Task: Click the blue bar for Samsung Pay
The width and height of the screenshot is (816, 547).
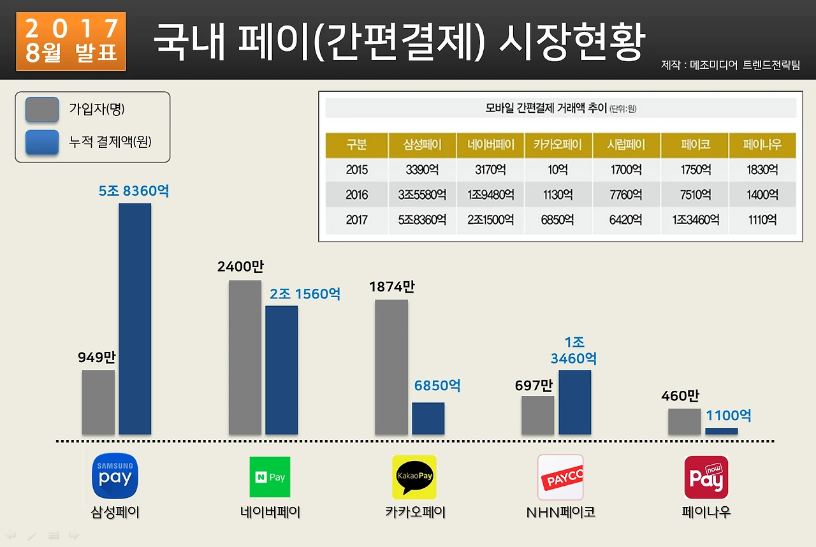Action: click(x=135, y=319)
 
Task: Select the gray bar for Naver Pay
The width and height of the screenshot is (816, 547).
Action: click(x=245, y=357)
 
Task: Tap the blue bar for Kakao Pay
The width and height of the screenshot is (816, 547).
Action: click(x=428, y=418)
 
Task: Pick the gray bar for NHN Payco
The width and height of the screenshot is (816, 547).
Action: click(x=537, y=415)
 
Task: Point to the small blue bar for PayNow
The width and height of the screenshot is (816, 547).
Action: click(x=721, y=431)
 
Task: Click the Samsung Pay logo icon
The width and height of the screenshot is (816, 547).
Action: click(x=115, y=476)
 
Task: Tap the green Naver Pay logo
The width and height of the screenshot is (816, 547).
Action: click(x=270, y=477)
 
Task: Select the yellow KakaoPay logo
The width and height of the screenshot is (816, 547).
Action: click(x=414, y=477)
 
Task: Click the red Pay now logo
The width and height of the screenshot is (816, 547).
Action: click(x=706, y=477)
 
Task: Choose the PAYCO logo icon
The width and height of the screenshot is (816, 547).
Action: click(x=560, y=477)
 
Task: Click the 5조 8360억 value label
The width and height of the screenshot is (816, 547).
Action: click(x=134, y=191)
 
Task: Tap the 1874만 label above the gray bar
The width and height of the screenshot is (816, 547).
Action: click(x=391, y=287)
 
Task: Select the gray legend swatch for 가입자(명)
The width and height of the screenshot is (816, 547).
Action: click(x=42, y=110)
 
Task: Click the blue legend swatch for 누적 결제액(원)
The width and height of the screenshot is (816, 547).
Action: click(x=42, y=142)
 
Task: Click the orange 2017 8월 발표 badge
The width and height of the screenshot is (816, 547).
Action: click(x=71, y=41)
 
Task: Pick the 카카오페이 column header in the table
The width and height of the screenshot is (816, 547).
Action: click(x=558, y=145)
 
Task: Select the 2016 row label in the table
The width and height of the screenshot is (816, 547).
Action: click(x=356, y=195)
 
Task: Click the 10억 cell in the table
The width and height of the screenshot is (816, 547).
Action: click(x=558, y=170)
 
